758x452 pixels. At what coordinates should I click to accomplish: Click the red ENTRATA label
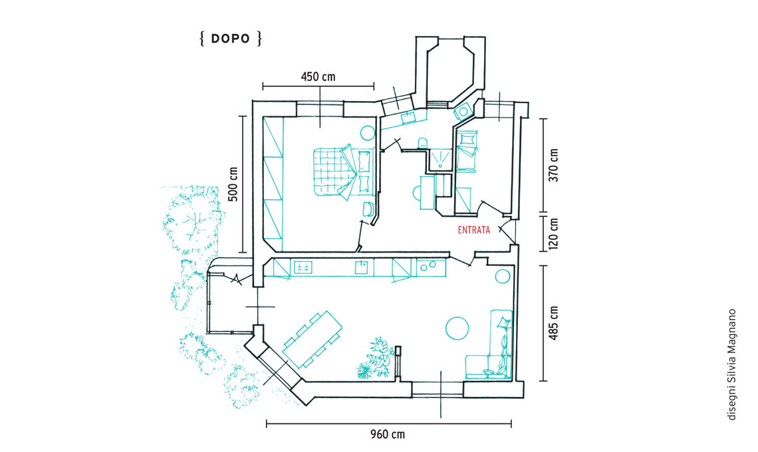point(473,230)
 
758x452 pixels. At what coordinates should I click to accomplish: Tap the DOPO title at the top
point(231,39)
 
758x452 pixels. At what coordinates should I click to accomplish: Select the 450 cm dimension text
point(318,77)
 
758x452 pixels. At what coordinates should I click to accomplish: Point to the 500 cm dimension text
point(233,184)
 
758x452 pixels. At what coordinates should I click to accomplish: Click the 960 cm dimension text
point(388,434)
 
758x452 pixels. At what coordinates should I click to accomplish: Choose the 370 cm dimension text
point(553,165)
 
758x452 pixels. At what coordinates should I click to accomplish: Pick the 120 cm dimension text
point(553,233)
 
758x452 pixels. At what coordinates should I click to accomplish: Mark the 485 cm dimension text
point(553,323)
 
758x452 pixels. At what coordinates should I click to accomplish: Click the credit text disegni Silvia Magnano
point(732,364)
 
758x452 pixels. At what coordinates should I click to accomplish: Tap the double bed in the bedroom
point(344,171)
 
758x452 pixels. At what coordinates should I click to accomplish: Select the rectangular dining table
point(313,340)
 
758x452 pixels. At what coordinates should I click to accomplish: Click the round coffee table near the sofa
point(457,328)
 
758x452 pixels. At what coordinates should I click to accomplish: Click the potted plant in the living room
point(376,358)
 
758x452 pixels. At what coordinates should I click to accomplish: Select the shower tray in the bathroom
point(440,159)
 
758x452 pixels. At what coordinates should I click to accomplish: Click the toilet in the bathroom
point(422,142)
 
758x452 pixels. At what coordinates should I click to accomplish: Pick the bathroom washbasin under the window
point(408,116)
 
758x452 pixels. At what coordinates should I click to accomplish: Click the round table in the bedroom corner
point(368,133)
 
